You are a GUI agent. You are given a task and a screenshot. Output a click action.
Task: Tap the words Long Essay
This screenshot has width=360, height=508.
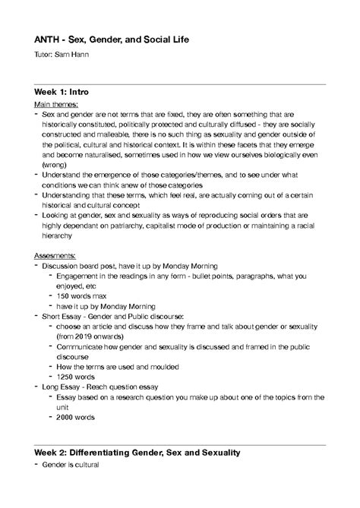tap(63, 386)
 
